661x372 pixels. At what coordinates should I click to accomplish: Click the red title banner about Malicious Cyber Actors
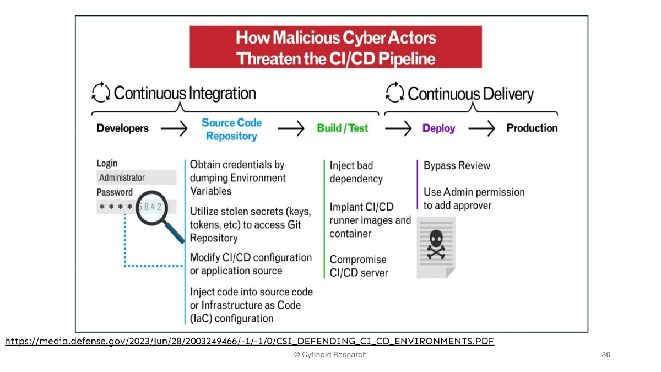[335, 47]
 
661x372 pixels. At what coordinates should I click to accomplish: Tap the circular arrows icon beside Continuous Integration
[101, 93]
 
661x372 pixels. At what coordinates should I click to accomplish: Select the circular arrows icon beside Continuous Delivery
[394, 93]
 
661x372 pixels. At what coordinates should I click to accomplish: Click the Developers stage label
[122, 128]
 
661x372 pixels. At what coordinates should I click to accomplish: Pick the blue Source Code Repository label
[231, 130]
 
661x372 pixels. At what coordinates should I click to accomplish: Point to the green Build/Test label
[342, 128]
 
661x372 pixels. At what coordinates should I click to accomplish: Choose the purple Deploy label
[438, 128]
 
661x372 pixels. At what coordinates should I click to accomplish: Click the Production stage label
[532, 128]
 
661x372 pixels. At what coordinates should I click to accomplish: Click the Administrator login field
[136, 177]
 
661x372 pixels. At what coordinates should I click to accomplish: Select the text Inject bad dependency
[356, 172]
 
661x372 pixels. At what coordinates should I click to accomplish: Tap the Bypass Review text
[457, 165]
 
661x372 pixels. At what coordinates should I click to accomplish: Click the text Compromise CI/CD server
[359, 266]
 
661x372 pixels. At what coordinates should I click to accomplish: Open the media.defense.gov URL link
[250, 342]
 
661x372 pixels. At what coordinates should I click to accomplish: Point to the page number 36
[606, 355]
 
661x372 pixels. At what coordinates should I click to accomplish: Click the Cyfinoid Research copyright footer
[330, 355]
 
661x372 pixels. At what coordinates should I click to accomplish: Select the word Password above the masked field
[115, 192]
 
